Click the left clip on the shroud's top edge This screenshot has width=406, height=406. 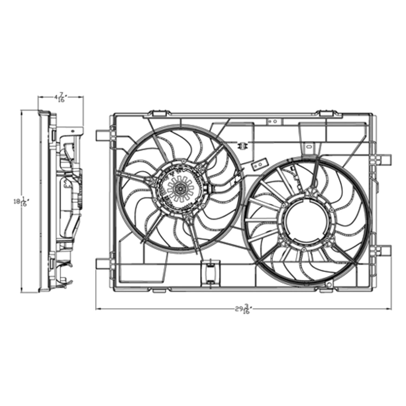tap(160, 113)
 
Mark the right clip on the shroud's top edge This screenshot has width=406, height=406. tap(326, 113)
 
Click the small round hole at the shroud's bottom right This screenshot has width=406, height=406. tap(329, 284)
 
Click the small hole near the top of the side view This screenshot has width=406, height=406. tap(72, 131)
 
